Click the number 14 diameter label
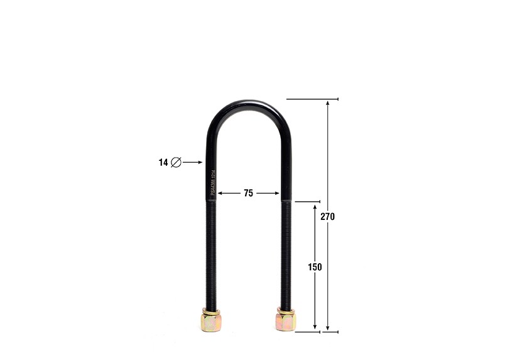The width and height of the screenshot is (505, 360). point(163,162)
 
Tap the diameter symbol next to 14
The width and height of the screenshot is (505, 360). point(176,162)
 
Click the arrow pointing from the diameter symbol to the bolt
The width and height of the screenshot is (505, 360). point(192,162)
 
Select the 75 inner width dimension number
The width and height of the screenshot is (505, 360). point(248,194)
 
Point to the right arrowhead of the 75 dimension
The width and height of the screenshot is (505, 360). point(276,194)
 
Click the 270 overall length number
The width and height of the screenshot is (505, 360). point(328,217)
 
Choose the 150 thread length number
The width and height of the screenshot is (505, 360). point(315,267)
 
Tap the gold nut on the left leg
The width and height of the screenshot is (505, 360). point(210,322)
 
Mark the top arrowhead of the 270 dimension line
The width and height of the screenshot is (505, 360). point(328,103)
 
